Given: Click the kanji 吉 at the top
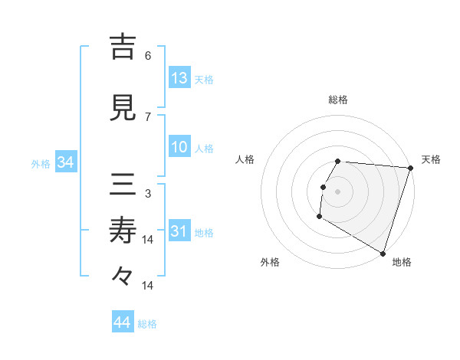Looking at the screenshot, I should point(123,47).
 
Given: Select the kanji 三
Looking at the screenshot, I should point(123,185).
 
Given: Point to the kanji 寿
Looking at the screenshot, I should point(123,230).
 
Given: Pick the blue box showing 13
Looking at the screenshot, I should point(179,78).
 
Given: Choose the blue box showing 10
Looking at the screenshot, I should point(179,147).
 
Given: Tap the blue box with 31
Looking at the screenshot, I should point(179,231).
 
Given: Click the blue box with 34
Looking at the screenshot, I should point(65,162).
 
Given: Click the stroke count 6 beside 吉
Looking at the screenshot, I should point(148,56).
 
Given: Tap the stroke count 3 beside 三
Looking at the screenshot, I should point(148,193).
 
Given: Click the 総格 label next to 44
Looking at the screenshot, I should point(148,324).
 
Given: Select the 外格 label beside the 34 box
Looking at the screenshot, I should point(41,163).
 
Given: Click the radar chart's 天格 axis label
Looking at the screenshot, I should point(431,159).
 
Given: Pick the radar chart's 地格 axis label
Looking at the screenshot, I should point(402,262).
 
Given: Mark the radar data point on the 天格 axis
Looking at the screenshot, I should point(410,168).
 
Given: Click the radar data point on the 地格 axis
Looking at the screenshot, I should point(383,253).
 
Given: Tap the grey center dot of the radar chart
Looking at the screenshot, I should point(337,191).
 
